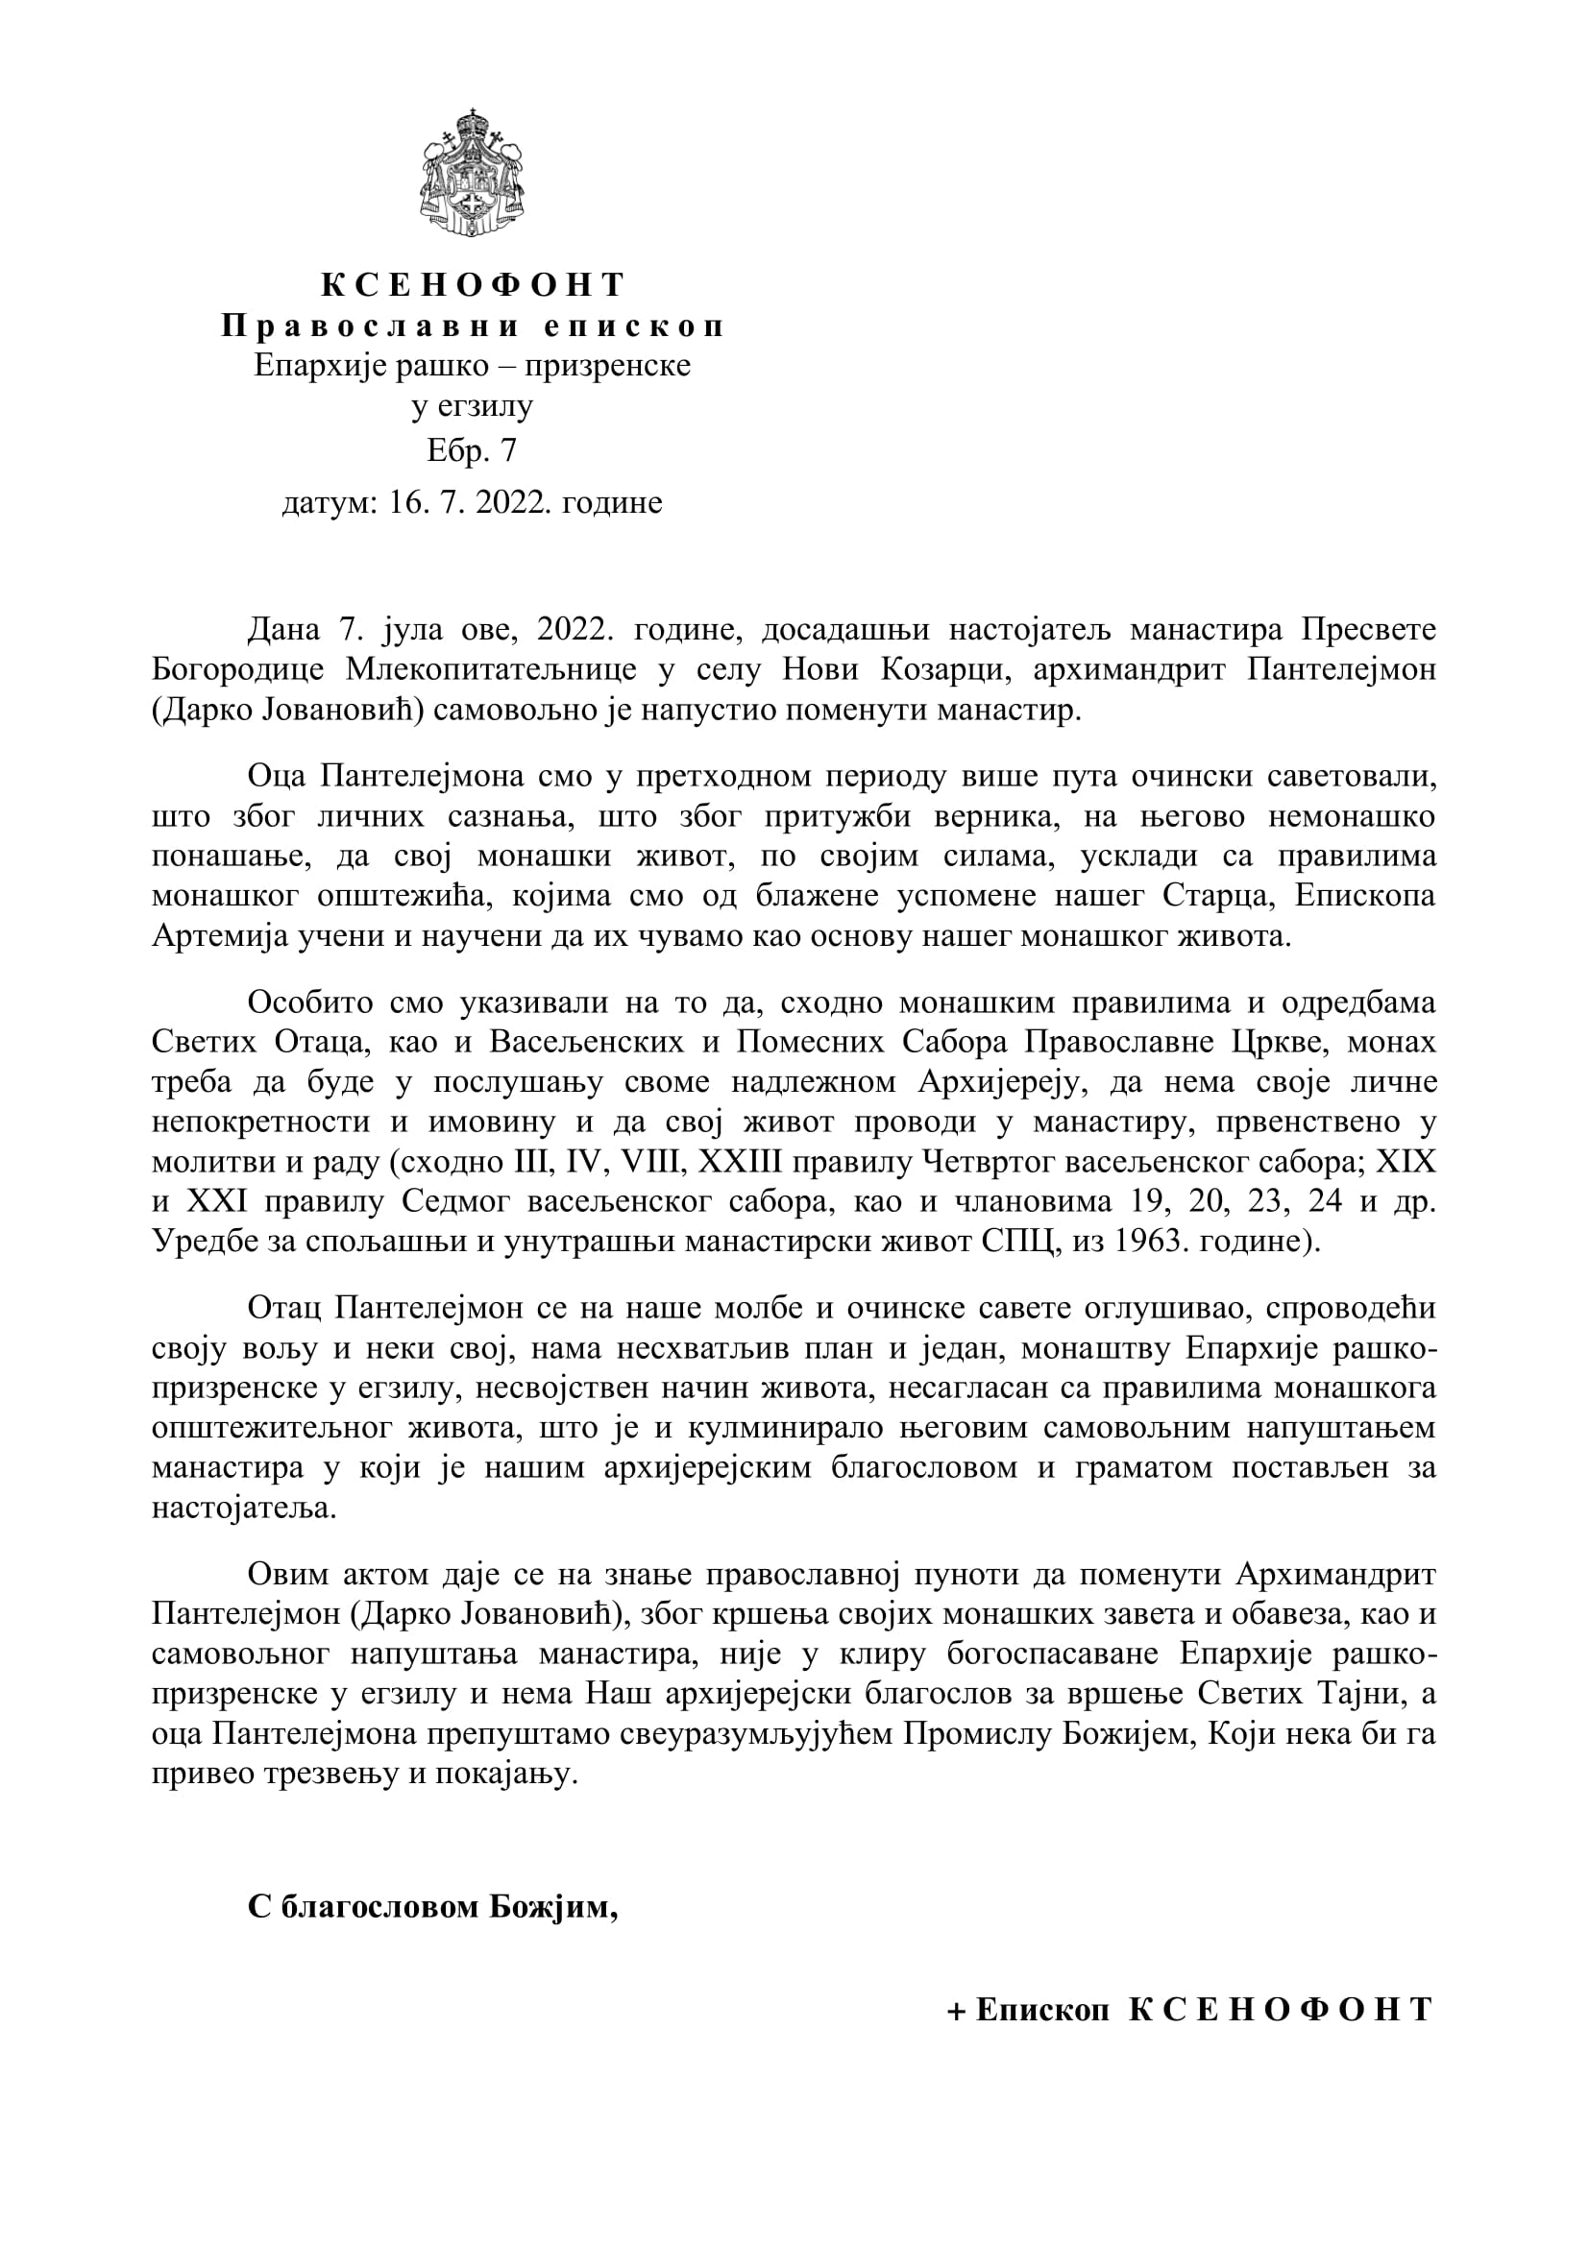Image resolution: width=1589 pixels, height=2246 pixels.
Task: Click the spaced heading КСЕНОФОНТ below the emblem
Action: point(474,284)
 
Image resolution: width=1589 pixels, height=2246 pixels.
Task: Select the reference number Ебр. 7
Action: point(472,450)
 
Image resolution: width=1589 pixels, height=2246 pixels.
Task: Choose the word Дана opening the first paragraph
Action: point(283,630)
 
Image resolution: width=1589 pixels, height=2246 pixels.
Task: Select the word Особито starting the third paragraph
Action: point(309,1002)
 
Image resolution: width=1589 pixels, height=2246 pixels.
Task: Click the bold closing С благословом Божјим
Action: point(432,1908)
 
